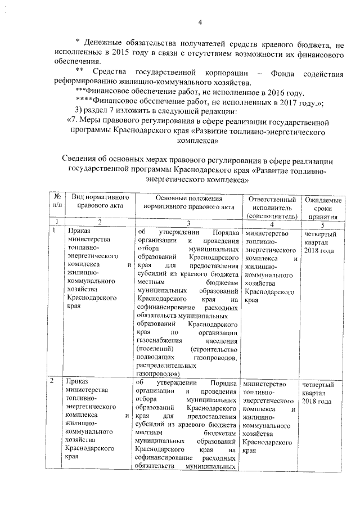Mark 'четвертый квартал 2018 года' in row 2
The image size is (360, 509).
click(x=321, y=393)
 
